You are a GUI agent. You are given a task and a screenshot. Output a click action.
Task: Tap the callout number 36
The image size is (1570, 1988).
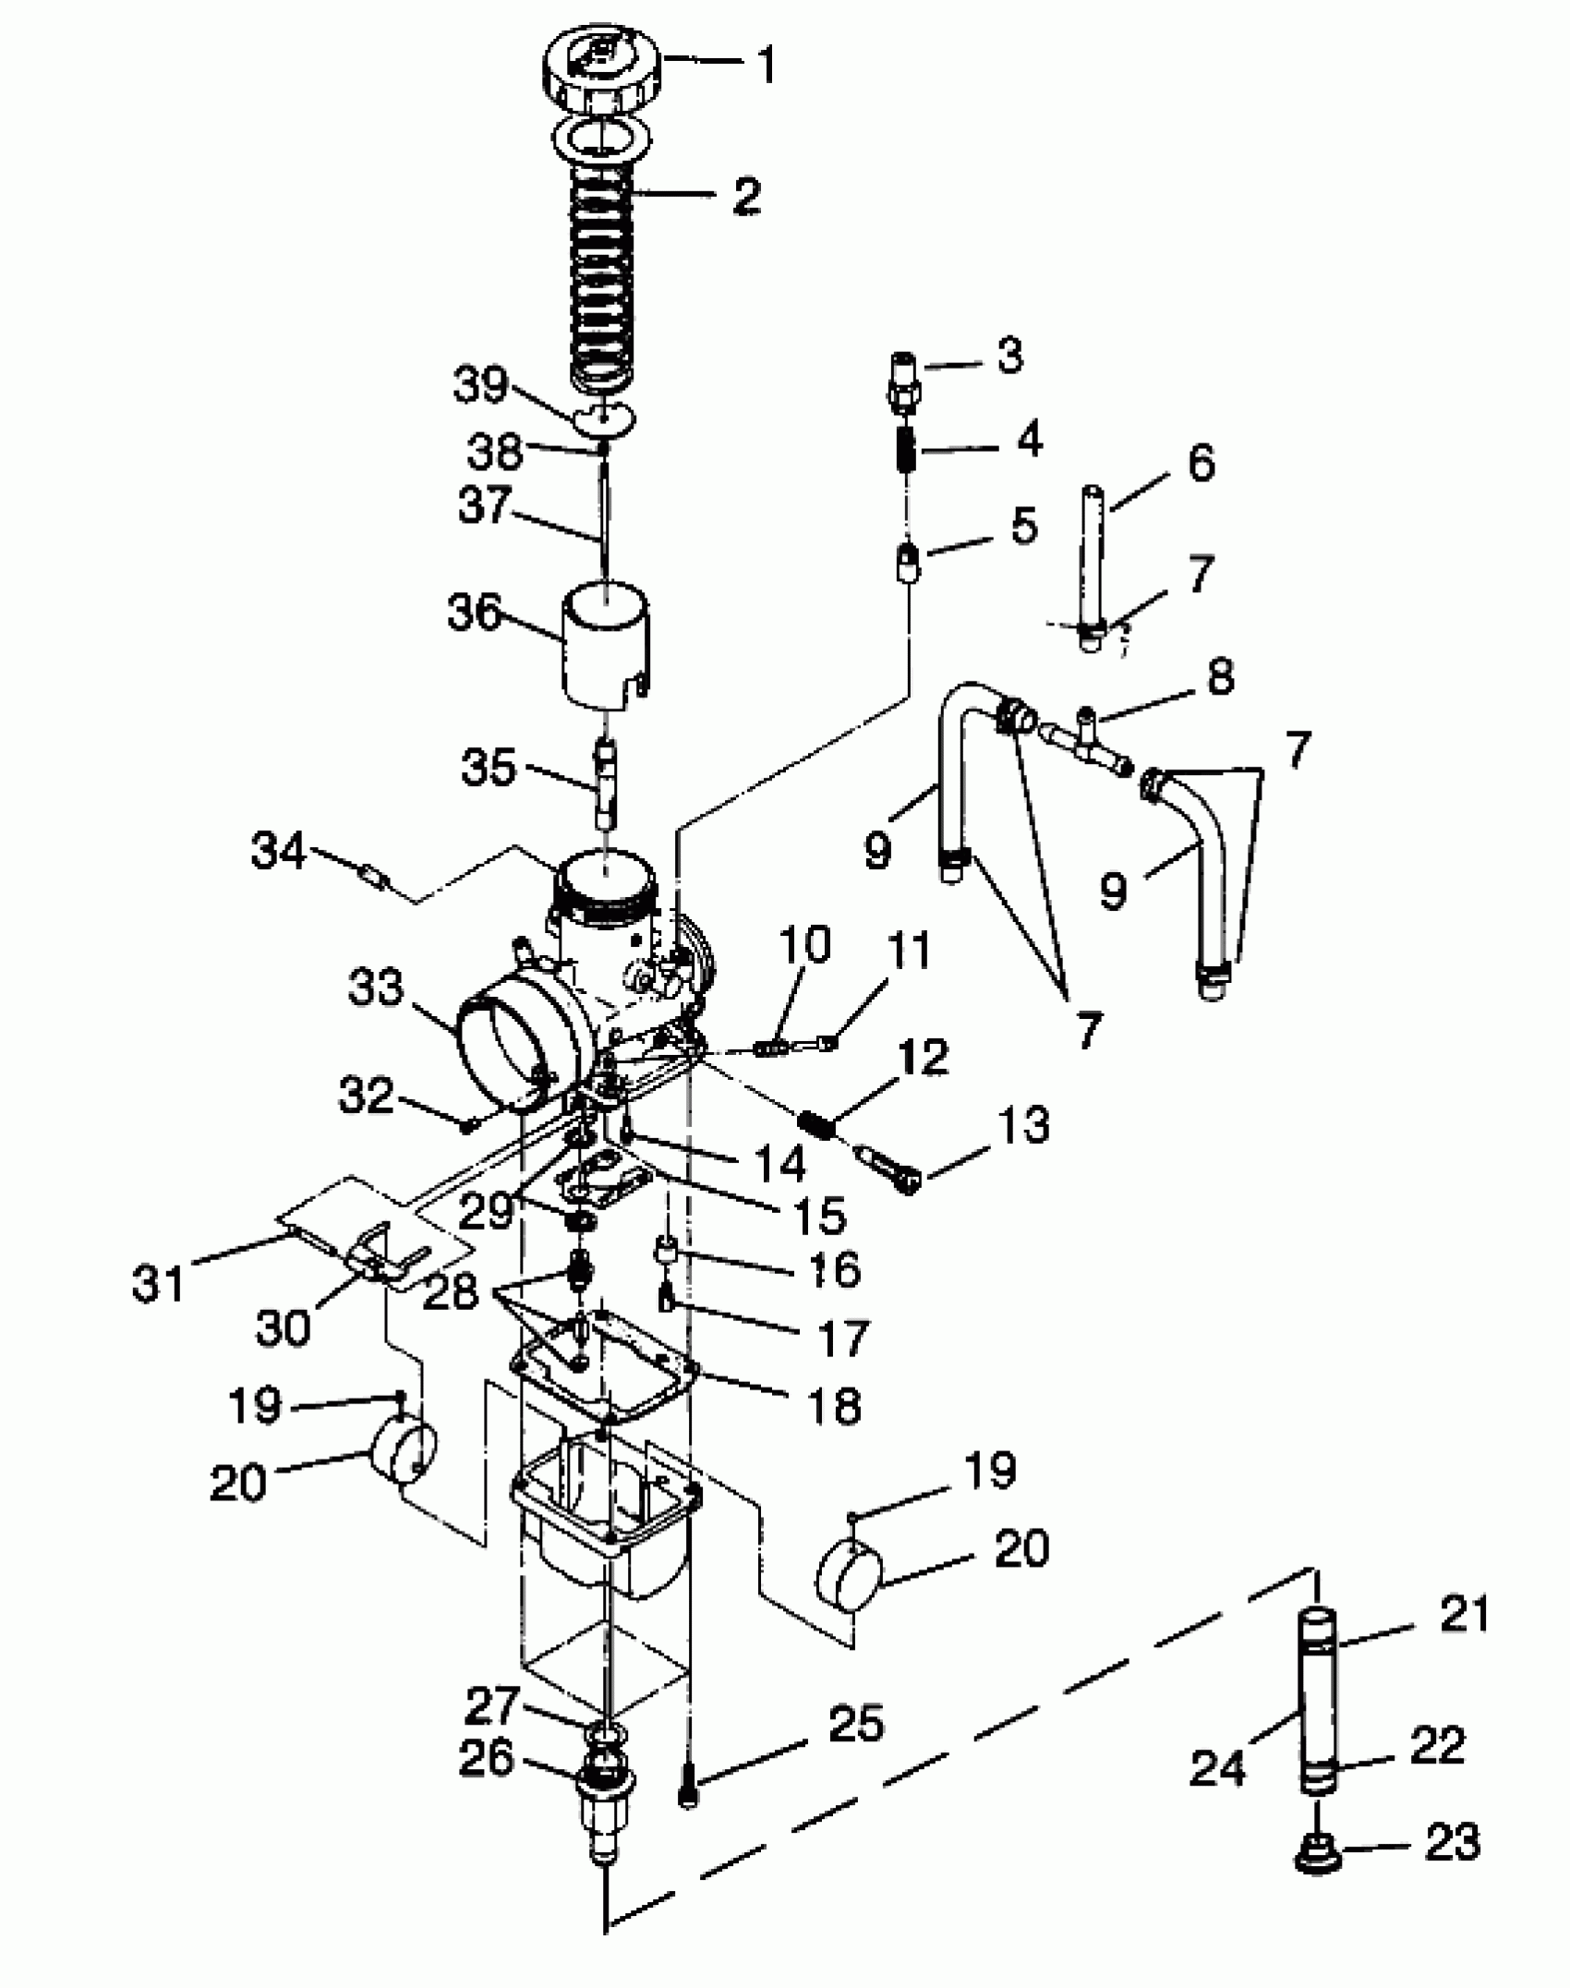(x=474, y=613)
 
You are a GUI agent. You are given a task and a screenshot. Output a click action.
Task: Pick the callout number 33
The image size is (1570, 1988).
(x=376, y=988)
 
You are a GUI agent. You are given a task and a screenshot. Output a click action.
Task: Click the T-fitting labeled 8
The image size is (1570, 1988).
(x=1087, y=745)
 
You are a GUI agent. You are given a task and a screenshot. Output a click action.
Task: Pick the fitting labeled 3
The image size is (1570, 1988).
(x=903, y=383)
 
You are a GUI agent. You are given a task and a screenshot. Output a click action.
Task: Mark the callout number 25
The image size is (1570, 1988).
(x=856, y=1724)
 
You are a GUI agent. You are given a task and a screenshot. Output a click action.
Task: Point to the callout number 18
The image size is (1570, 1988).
(x=834, y=1406)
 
